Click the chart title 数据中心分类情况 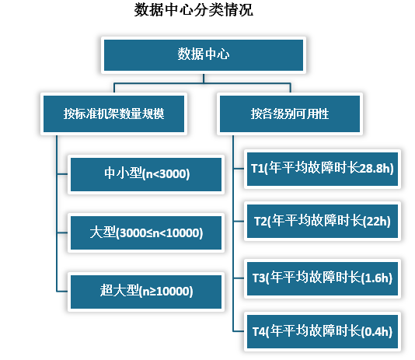pos(194,11)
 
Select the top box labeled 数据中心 pos(203,54)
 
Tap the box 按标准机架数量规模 pos(113,114)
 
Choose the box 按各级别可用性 pos(290,114)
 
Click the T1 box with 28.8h pos(322,167)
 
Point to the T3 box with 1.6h pos(322,277)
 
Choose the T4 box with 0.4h pos(322,331)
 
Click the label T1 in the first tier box pos(258,167)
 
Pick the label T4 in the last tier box pos(260,331)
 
